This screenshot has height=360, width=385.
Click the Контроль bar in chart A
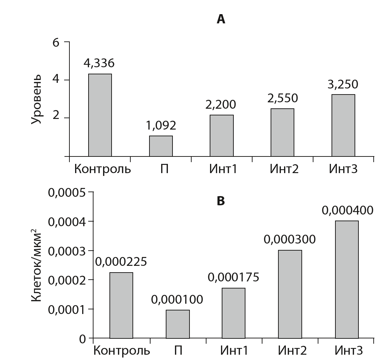[100, 115]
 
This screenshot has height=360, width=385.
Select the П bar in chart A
[161, 146]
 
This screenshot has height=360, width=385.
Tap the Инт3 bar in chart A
[343, 125]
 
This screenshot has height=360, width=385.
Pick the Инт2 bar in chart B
[290, 294]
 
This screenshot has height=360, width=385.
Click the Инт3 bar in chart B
[347, 280]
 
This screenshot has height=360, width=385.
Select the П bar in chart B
[177, 324]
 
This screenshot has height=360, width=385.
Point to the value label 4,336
[99, 63]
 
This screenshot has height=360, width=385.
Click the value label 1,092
[161, 125]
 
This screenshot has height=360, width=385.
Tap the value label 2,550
[282, 98]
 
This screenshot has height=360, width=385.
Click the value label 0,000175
[233, 277]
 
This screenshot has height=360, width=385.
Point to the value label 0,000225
[121, 262]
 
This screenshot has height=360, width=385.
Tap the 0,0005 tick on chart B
[68, 193]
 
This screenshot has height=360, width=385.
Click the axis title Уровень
[36, 99]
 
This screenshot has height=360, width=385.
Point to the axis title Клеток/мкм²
[36, 265]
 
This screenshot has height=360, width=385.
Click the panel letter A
[221, 19]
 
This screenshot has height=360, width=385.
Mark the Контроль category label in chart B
[121, 351]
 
